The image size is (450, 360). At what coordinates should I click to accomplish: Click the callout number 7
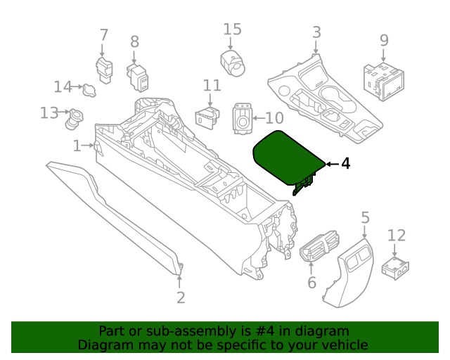[103, 34]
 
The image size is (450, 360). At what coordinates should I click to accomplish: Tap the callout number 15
[232, 29]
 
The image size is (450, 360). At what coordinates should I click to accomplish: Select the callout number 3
[316, 32]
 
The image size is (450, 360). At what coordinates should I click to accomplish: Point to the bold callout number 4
[345, 164]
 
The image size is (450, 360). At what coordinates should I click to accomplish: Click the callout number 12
[397, 236]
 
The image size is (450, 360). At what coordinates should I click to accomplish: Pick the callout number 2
[181, 297]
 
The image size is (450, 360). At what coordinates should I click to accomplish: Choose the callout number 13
[49, 112]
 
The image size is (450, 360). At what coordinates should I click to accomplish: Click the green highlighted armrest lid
[287, 158]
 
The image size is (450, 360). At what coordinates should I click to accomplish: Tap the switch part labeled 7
[104, 70]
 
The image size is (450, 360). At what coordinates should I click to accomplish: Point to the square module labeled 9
[383, 79]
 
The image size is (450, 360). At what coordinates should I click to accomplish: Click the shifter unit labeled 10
[243, 120]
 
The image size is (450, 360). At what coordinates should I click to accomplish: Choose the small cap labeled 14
[90, 89]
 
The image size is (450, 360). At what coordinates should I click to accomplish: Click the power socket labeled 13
[72, 120]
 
